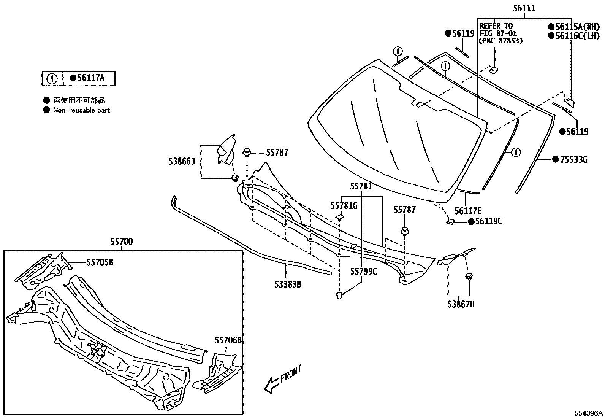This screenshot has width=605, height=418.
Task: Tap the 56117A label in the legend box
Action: tap(90, 78)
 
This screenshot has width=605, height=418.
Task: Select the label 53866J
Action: tap(182, 162)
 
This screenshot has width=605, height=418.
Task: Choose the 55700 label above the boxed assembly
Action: tap(122, 242)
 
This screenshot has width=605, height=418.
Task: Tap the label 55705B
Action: tap(100, 262)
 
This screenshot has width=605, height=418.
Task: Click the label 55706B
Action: tap(228, 340)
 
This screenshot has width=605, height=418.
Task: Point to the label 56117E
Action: tap(468, 211)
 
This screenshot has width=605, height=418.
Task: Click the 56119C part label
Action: tap(488, 221)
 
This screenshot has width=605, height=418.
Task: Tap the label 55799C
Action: tap(364, 271)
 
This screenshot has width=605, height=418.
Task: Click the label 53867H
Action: tap(461, 304)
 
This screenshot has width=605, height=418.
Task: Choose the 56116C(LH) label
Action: tap(577, 36)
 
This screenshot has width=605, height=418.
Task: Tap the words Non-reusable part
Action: tap(81, 110)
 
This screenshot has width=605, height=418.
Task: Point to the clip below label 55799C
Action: tap(340, 295)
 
